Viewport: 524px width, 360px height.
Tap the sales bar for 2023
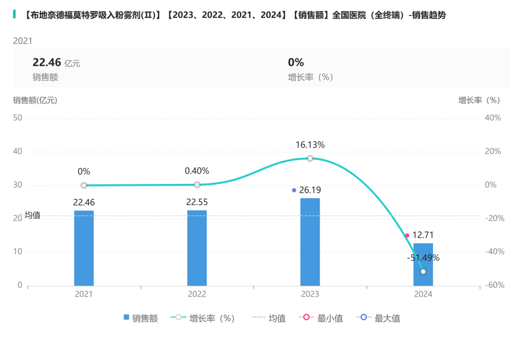[310, 242]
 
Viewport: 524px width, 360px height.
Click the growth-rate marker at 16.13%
[310, 158]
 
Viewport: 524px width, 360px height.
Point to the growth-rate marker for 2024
[423, 271]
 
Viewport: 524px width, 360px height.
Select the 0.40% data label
[197, 171]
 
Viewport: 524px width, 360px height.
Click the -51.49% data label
[423, 258]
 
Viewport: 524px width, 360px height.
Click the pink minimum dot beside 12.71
[407, 235]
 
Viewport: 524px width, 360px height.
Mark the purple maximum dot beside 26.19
[294, 190]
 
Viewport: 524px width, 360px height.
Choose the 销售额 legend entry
[141, 318]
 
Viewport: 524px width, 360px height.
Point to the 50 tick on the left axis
[18, 118]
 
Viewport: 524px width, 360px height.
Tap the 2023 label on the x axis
[310, 294]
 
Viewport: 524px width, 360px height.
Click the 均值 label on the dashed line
[32, 215]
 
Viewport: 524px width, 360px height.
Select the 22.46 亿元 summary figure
[56, 63]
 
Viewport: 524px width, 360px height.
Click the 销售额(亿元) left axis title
[35, 100]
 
